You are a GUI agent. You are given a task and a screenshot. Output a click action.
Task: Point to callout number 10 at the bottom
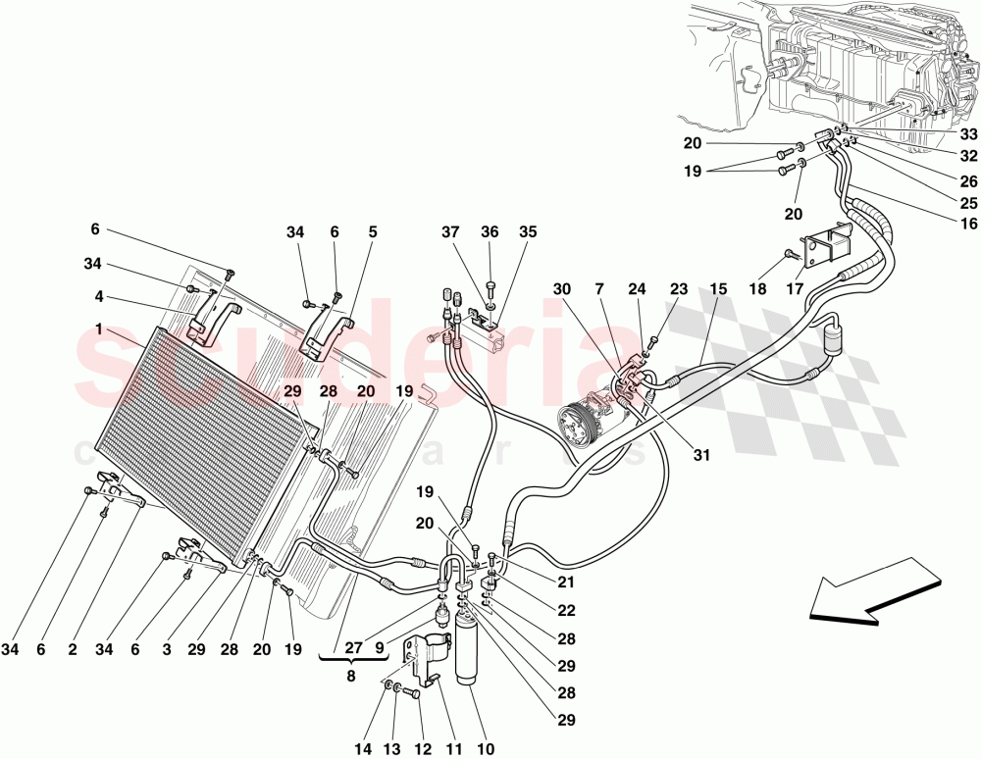point(485,750)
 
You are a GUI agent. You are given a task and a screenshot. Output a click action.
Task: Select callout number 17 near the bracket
point(796,289)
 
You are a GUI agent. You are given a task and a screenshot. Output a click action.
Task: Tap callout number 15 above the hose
point(718,289)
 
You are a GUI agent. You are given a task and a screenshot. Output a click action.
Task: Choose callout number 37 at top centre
point(450,232)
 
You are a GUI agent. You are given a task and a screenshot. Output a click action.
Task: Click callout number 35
point(529,232)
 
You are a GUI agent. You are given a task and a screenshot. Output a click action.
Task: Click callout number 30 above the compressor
point(560,289)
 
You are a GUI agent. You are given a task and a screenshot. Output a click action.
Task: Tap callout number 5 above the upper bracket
point(373,232)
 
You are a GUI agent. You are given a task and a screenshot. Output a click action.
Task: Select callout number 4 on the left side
point(100,297)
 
